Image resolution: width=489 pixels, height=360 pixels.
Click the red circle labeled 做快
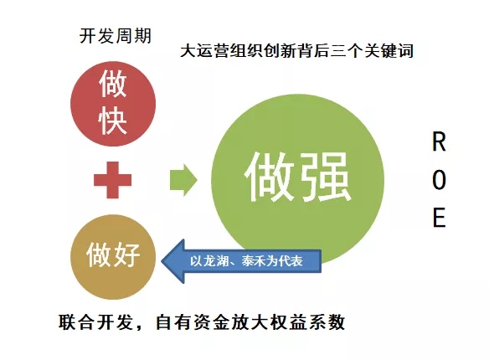click(x=113, y=104)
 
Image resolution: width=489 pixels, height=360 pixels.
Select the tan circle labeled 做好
click(x=113, y=256)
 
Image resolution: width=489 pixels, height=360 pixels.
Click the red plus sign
click(x=112, y=180)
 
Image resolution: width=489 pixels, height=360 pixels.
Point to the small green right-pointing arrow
click(x=183, y=180)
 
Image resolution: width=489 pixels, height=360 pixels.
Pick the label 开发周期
click(x=116, y=36)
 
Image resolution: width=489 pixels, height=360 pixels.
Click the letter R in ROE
click(x=439, y=141)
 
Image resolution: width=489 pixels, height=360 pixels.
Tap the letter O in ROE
click(x=439, y=179)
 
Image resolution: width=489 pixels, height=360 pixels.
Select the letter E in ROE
click(x=439, y=217)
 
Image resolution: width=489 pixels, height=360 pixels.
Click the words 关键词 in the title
click(x=389, y=50)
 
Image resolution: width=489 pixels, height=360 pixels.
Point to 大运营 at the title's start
click(x=204, y=50)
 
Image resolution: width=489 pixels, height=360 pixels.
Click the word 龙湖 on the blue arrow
click(x=215, y=261)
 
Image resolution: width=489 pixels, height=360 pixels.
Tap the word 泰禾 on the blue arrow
click(x=253, y=261)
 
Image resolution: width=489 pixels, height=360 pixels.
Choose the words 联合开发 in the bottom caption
click(x=95, y=322)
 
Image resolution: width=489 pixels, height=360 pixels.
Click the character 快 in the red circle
click(x=113, y=121)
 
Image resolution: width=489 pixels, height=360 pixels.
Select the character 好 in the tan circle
click(x=126, y=255)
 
